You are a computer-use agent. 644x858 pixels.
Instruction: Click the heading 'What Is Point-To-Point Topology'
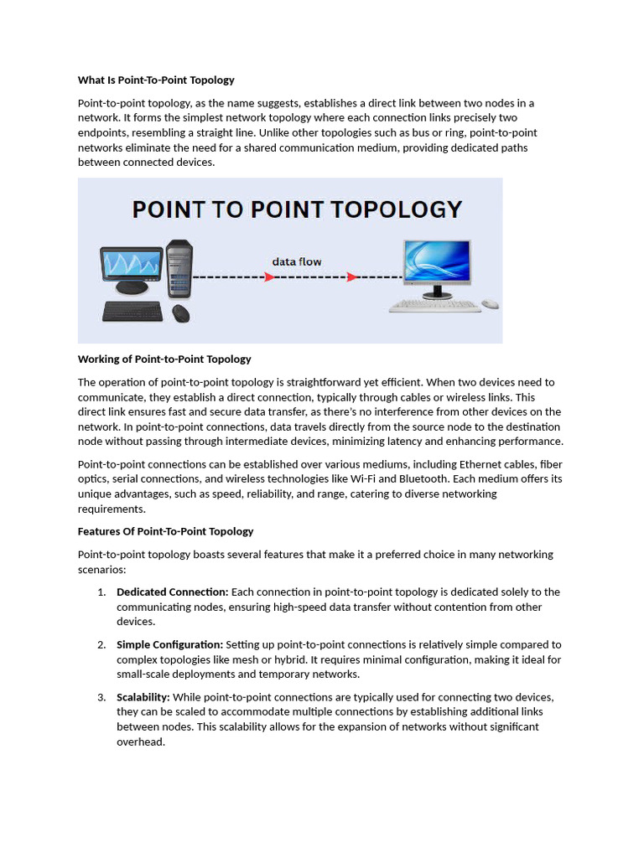click(156, 80)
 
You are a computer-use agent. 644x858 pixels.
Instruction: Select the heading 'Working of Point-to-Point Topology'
click(164, 359)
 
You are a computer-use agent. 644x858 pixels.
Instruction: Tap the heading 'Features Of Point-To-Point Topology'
click(165, 531)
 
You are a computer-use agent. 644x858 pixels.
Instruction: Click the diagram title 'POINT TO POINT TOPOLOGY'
click(297, 209)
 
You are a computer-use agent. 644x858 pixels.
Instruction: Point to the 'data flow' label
click(296, 261)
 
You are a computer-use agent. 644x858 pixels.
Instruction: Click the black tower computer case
click(179, 270)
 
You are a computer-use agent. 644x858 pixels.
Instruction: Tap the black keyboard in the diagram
click(132, 312)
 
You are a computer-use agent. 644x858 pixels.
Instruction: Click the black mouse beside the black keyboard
click(180, 313)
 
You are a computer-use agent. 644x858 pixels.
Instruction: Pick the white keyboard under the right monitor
click(434, 307)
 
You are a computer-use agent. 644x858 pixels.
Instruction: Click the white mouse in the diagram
click(490, 304)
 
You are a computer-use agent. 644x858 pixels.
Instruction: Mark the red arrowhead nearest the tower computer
click(269, 277)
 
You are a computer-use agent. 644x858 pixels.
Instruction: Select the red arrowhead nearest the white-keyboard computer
click(354, 277)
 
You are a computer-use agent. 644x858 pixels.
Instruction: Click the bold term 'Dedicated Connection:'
click(172, 592)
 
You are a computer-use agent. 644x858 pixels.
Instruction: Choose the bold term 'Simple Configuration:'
click(169, 645)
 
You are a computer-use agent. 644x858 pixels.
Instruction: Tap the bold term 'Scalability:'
click(143, 697)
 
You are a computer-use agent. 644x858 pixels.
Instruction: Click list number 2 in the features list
click(101, 645)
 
